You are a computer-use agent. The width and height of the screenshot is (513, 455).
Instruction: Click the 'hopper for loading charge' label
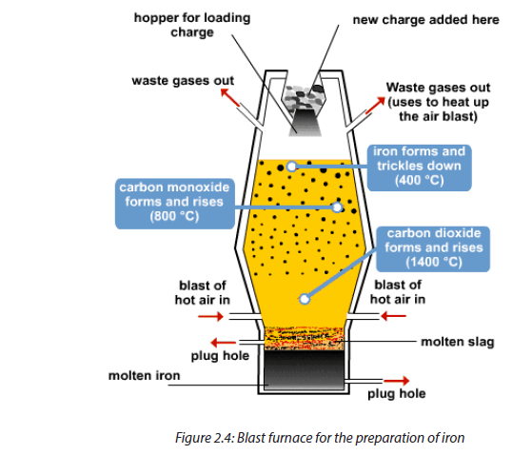point(192,25)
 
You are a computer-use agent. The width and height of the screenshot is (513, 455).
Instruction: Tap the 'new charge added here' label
point(426,20)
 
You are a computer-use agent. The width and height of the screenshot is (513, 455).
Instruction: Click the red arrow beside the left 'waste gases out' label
point(230,97)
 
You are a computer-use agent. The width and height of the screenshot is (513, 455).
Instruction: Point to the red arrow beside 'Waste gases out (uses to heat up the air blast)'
point(375,105)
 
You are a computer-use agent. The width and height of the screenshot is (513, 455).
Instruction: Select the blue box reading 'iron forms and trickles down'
point(419,168)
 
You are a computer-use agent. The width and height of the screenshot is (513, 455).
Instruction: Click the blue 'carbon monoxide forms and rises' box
point(175,203)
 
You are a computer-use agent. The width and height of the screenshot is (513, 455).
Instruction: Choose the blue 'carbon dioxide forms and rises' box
point(433,249)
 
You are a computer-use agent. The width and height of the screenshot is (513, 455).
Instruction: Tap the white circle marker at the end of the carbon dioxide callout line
point(305,299)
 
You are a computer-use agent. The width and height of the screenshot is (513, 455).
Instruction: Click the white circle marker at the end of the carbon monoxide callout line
point(337,208)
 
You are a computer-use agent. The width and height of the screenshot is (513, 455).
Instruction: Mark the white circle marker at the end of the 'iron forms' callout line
point(291,167)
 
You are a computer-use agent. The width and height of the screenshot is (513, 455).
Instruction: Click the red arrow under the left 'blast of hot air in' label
point(210,316)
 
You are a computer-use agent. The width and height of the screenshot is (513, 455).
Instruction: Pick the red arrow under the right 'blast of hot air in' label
point(393,316)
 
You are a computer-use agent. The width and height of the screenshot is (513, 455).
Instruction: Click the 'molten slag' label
point(458,342)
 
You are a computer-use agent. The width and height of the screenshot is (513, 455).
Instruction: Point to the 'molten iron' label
point(145,375)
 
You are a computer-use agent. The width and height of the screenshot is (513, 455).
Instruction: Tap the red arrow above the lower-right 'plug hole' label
point(396,381)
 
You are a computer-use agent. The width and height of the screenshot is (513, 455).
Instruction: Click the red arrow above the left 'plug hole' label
point(224,343)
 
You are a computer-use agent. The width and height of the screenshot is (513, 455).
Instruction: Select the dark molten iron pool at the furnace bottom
point(304,370)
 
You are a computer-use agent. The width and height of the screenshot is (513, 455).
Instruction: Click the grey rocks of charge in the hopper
point(304,95)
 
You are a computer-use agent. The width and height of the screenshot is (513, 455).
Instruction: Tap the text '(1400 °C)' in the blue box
point(433,263)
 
